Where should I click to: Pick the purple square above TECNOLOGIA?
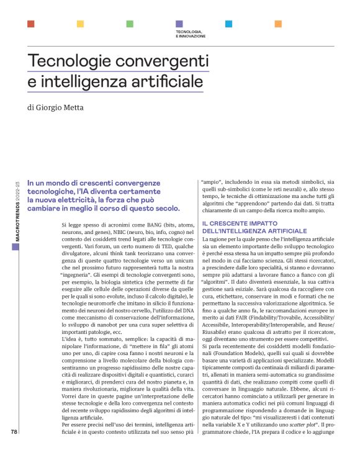point(179,24)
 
